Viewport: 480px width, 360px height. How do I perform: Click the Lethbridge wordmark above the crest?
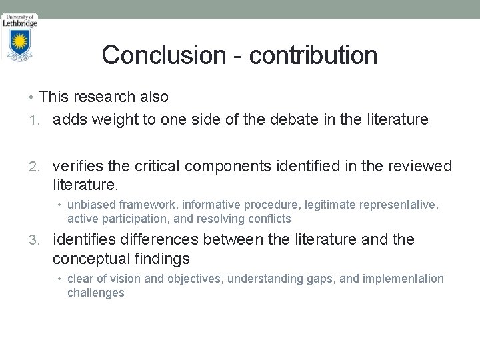pyautogui.click(x=20, y=22)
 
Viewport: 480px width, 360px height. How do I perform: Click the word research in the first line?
pyautogui.click(x=104, y=97)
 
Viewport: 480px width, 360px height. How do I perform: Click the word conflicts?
pyautogui.click(x=269, y=219)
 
